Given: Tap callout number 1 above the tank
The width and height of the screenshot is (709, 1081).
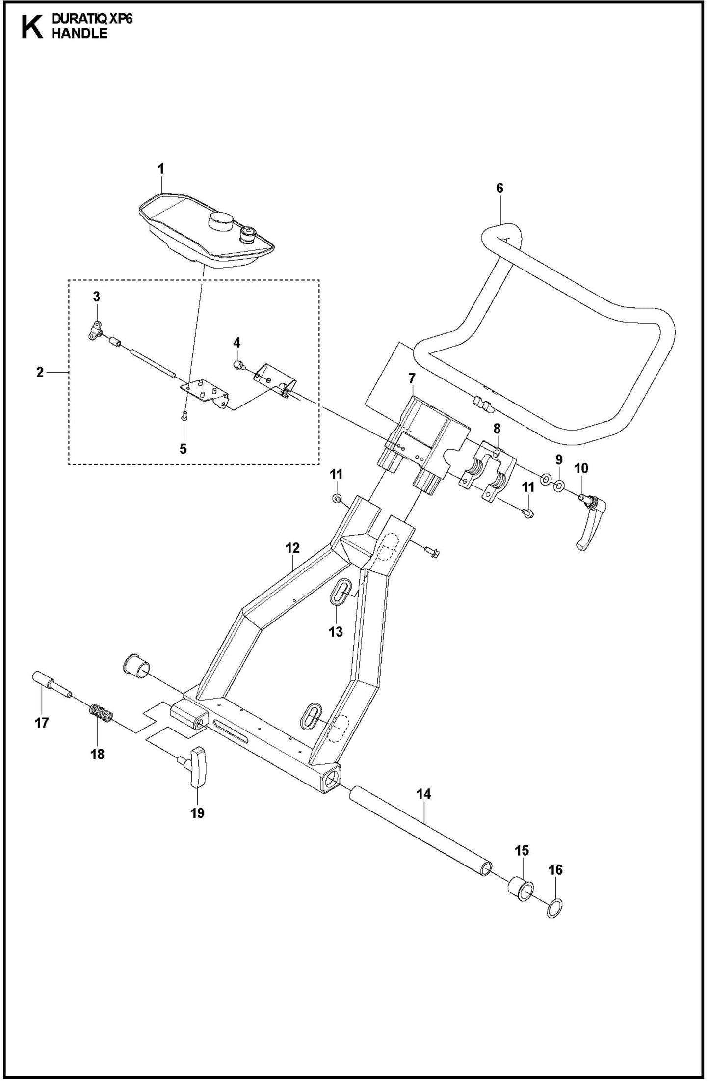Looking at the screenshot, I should click(160, 169).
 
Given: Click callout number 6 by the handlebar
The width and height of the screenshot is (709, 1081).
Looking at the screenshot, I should click(499, 188).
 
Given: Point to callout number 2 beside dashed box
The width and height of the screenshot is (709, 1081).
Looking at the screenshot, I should click(40, 372).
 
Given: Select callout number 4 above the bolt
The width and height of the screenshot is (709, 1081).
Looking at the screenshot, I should click(237, 342).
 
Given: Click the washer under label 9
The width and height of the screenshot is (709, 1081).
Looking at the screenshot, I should click(558, 486).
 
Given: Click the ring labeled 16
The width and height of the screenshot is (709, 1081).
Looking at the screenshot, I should click(555, 911).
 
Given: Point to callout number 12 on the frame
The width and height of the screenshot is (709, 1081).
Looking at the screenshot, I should click(292, 548).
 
